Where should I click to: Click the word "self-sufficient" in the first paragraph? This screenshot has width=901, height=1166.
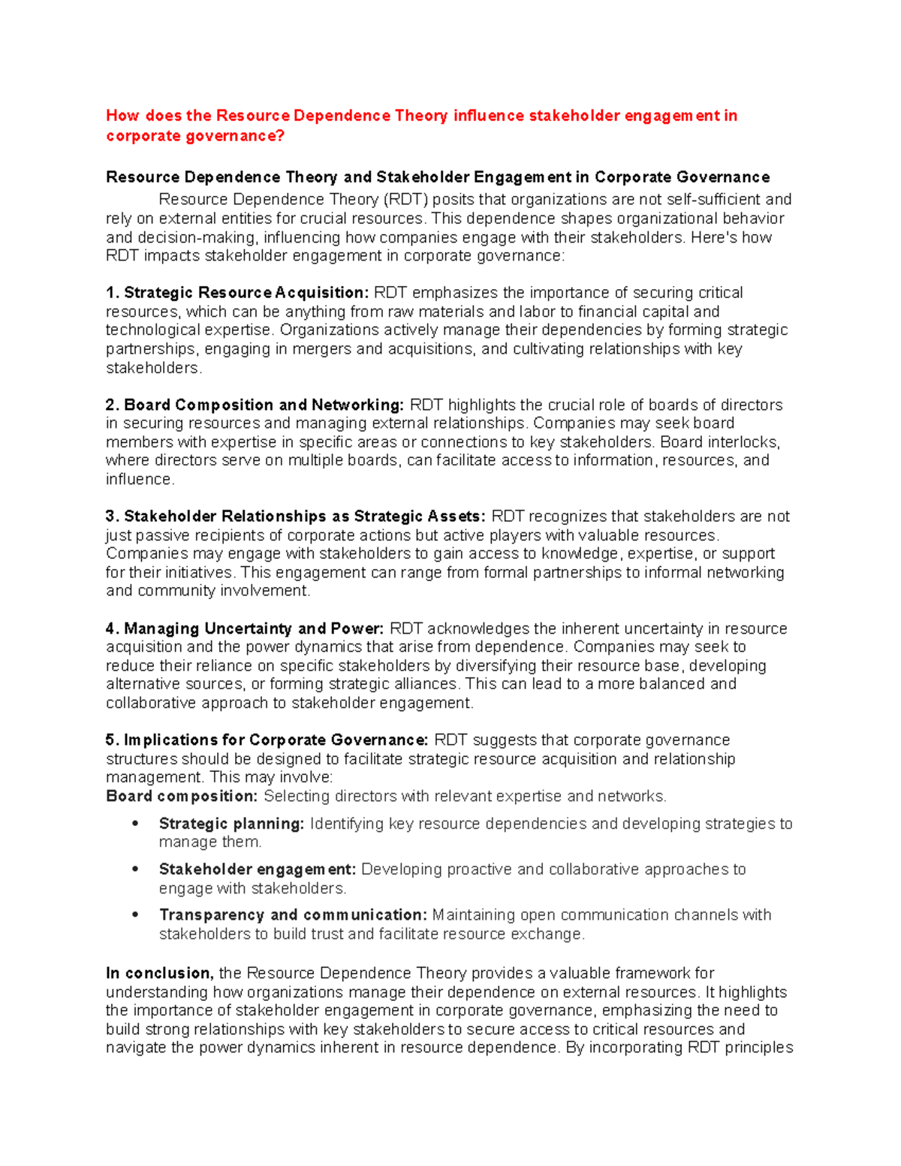712,200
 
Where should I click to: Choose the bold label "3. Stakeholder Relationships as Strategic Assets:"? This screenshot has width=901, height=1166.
296,517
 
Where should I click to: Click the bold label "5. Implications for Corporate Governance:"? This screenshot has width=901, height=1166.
267,740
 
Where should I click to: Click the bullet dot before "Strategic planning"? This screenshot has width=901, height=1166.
135,824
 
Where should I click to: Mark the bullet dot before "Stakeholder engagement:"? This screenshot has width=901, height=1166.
135,869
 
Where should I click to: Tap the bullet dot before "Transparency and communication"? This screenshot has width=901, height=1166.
135,915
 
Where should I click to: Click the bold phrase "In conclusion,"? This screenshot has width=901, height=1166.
160,973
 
